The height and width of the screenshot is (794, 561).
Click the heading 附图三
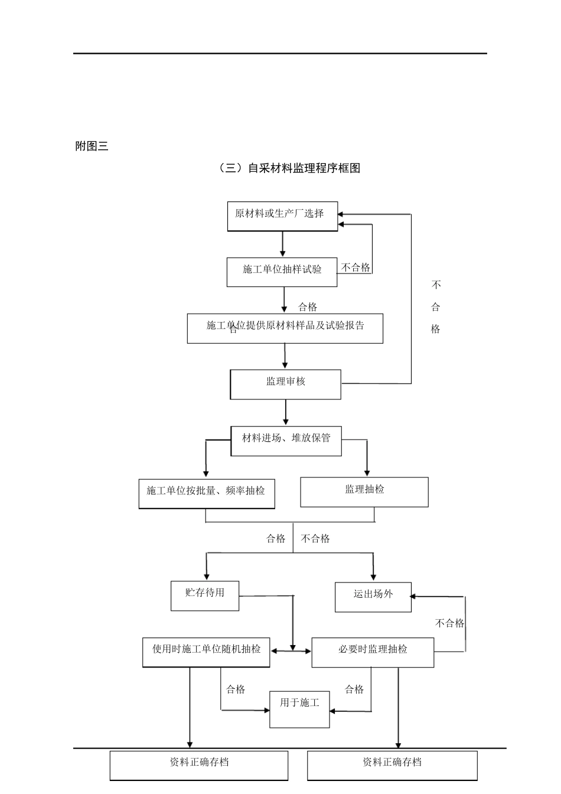coord(92,147)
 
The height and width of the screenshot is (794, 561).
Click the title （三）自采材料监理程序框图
coord(289,168)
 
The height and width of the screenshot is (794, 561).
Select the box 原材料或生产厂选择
coord(283,216)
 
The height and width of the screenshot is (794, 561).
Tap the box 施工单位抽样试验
coord(282,272)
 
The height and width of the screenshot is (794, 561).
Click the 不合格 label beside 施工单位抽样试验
coord(355,268)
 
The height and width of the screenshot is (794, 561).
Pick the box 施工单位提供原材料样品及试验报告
coord(285,328)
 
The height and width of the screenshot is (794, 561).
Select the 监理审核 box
coord(285,384)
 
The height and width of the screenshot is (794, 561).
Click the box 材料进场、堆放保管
coord(286,441)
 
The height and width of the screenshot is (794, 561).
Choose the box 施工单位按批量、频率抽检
coord(207,493)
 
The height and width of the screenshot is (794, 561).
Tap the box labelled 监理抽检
coord(364,492)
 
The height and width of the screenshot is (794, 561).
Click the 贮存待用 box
coord(205,595)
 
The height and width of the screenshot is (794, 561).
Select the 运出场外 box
coord(373,597)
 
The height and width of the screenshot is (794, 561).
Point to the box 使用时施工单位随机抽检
coord(206,652)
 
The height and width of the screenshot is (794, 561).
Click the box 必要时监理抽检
coord(373,652)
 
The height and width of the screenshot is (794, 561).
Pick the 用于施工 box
coord(299,709)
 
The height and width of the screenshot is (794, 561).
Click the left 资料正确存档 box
coord(199,765)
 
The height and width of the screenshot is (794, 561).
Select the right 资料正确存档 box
coord(392,765)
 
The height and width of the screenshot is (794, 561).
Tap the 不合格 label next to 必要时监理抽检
coord(449,623)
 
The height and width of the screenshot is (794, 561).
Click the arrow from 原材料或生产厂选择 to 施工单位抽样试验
coord(283,243)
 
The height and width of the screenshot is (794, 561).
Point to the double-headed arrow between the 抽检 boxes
coord(291,651)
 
